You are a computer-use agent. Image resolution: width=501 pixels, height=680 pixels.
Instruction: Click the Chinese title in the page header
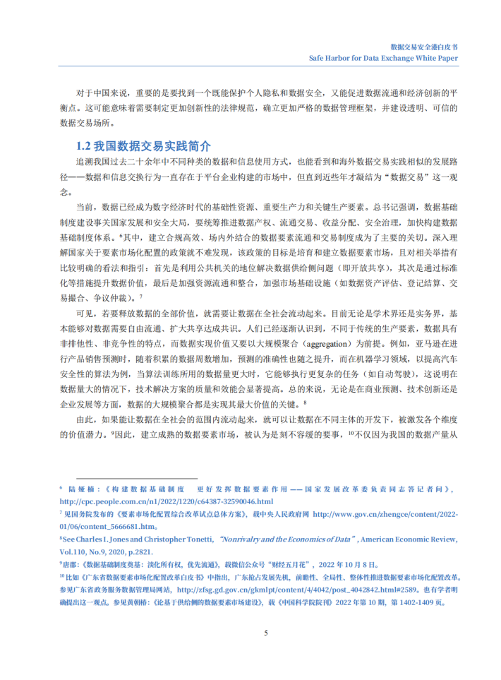423,44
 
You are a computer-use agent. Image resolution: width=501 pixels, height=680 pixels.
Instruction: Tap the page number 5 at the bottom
265,632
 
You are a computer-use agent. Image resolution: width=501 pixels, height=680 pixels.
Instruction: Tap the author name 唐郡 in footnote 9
70,564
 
